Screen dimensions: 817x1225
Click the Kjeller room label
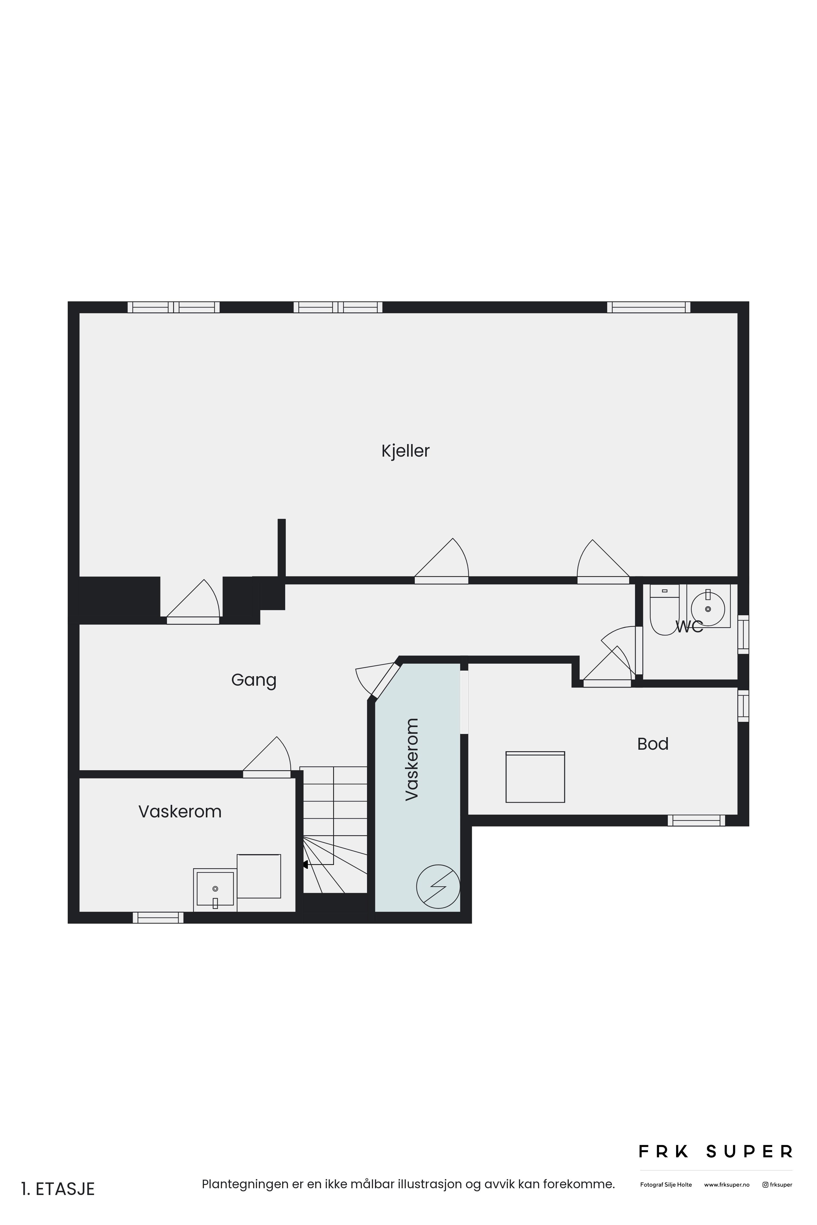[405, 451]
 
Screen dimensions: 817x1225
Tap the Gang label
[254, 680]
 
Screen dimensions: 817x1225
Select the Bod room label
[653, 744]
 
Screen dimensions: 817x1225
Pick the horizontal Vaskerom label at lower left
[180, 812]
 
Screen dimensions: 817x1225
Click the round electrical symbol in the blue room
[438, 887]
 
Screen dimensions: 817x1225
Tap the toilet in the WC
[664, 609]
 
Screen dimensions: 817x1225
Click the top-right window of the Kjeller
[649, 307]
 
